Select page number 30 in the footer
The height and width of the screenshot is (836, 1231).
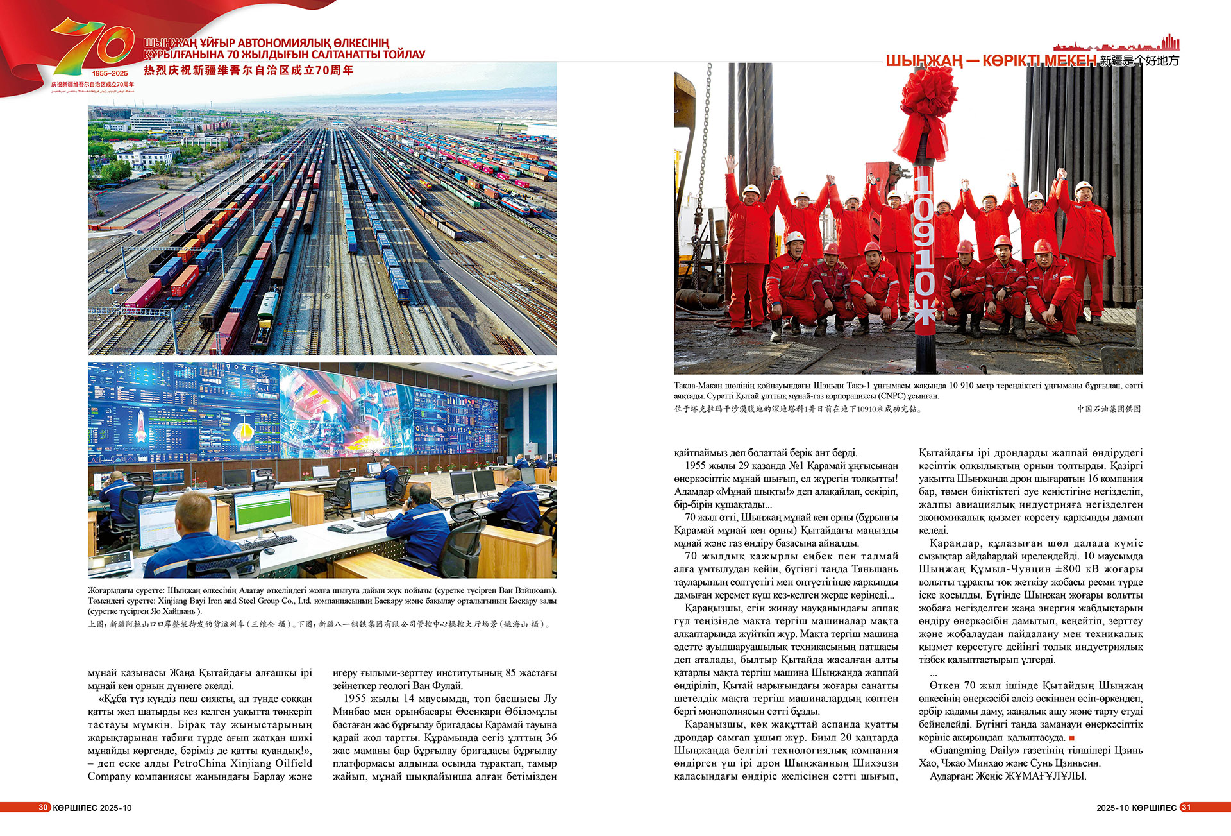pyautogui.click(x=43, y=807)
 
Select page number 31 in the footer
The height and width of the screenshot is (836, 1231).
pyautogui.click(x=1185, y=807)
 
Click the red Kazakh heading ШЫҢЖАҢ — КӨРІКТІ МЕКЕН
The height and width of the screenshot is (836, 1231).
pyautogui.click(x=991, y=61)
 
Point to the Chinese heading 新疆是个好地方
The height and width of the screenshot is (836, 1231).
pyautogui.click(x=1139, y=61)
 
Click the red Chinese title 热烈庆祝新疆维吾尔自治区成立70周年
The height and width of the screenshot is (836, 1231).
pyautogui.click(x=248, y=70)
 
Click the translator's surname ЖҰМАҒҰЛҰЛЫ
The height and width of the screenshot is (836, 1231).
pyautogui.click(x=1046, y=776)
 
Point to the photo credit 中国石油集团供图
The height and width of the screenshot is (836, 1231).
pyautogui.click(x=1109, y=409)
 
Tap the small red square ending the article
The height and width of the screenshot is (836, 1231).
pyautogui.click(x=1071, y=738)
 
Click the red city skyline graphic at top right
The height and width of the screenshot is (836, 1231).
pyautogui.click(x=1116, y=44)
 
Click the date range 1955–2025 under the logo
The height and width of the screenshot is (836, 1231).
pyautogui.click(x=110, y=73)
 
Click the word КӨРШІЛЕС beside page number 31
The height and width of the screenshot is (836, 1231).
pyautogui.click(x=1154, y=807)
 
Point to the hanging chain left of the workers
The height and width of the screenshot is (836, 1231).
pyautogui.click(x=708, y=160)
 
